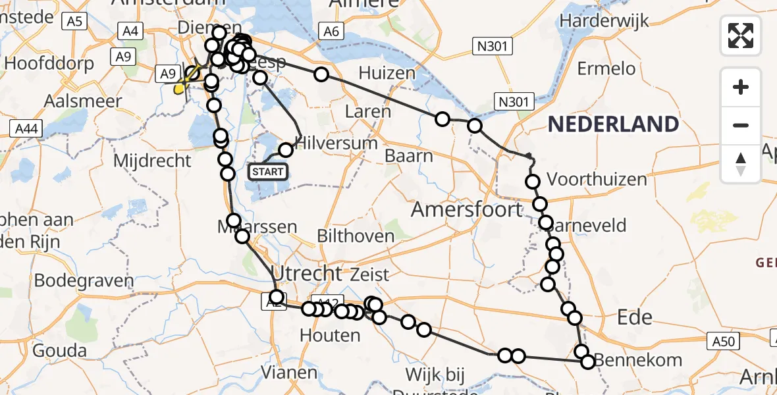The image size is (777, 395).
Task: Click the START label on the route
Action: [267, 172]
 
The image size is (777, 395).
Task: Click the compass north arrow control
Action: [741, 164]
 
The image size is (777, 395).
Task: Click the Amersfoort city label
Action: [467, 209]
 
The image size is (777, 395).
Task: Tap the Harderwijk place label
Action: [604, 20]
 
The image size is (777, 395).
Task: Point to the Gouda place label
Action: [59, 350]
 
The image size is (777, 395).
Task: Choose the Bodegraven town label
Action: [84, 280]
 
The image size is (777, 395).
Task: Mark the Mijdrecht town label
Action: [152, 160]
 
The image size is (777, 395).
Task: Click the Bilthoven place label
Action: [365, 235]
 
